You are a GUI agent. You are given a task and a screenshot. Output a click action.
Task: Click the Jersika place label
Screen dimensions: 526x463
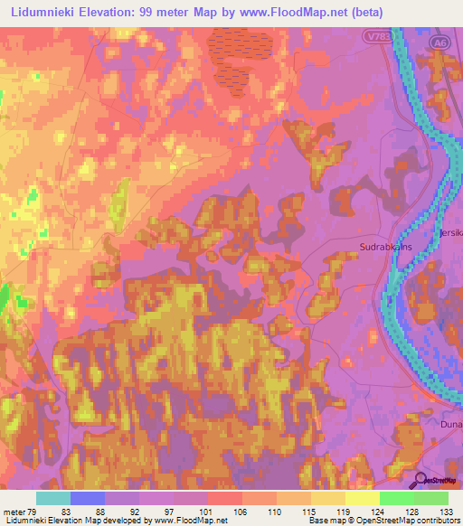[450, 231]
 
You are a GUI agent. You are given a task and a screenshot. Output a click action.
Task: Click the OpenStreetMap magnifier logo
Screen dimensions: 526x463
[420, 479]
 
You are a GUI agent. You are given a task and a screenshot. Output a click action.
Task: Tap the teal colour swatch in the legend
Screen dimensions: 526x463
[53, 497]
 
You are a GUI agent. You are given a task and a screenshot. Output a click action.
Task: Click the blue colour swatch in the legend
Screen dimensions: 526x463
[88, 497]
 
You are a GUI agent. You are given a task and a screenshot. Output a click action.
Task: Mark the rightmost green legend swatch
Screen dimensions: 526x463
[431, 497]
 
